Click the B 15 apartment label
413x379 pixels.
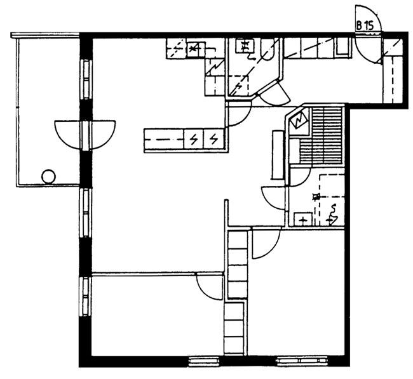point(365,25)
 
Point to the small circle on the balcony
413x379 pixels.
point(48,176)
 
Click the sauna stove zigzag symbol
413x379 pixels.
point(299,121)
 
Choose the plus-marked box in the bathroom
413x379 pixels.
point(303,220)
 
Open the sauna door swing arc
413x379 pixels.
point(299,177)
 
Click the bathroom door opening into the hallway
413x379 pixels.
point(276,197)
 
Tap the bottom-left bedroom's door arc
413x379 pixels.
point(210,286)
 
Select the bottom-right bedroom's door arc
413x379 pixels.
point(266,244)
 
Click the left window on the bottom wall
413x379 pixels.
point(205,362)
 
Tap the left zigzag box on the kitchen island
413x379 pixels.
point(194,138)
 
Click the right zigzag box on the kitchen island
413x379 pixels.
point(214,138)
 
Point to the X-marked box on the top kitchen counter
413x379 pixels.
point(196,48)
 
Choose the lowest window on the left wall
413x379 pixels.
point(85,296)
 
